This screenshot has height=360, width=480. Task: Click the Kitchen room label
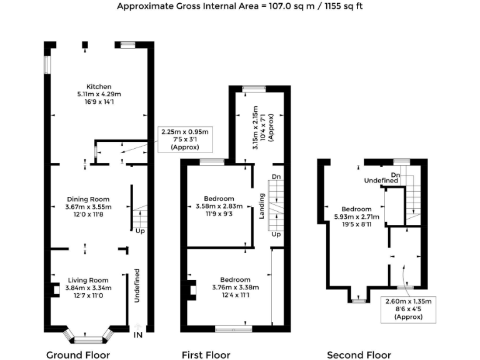99,86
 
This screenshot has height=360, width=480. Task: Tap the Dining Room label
89,199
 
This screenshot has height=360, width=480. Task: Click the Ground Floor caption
78,355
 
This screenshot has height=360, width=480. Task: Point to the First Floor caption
206,355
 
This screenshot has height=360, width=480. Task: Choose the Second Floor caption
359,355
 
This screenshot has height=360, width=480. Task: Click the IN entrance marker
138,335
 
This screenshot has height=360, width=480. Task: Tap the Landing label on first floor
262,206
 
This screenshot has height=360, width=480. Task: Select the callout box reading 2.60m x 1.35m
408,309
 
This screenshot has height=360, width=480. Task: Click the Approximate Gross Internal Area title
239,6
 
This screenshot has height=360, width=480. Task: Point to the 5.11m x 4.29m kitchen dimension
99,94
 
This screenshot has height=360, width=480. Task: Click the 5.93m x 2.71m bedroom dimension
356,217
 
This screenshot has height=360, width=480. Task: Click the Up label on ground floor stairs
140,231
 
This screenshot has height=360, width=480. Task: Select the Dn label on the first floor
276,177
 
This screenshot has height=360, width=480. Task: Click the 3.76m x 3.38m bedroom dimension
235,287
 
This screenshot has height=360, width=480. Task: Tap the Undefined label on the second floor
382,181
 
